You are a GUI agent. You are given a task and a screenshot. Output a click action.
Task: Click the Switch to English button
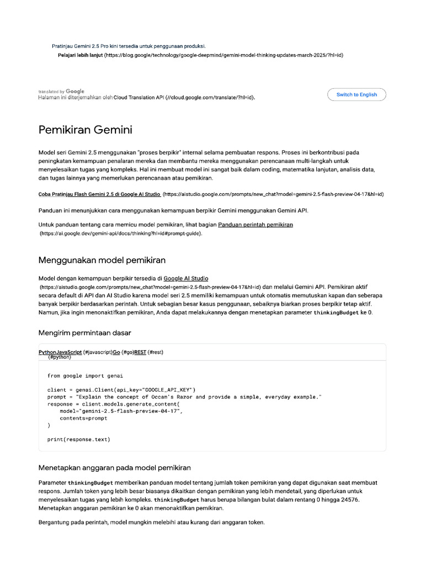pyautogui.click(x=357, y=94)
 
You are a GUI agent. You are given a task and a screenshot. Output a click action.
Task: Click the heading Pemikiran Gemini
pyautogui.click(x=85, y=130)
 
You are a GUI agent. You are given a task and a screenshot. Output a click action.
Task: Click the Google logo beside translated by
pyautogui.click(x=75, y=91)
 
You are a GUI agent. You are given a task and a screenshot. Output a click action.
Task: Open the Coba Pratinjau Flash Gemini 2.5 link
pyautogui.click(x=99, y=194)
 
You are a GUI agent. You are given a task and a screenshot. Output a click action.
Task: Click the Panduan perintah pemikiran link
pyautogui.click(x=256, y=225)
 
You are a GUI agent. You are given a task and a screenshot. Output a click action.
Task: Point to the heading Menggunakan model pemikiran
pyautogui.click(x=102, y=260)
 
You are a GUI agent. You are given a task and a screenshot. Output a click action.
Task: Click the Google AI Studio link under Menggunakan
pyautogui.click(x=186, y=279)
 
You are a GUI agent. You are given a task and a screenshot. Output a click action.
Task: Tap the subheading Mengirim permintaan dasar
pyautogui.click(x=84, y=333)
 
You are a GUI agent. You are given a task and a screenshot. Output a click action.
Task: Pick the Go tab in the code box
pyautogui.click(x=116, y=352)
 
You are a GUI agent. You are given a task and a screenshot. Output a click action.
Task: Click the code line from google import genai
pyautogui.click(x=85, y=376)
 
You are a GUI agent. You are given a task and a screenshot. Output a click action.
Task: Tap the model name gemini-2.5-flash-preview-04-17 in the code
pyautogui.click(x=130, y=411)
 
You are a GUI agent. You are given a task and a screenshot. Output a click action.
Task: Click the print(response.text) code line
pyautogui.click(x=79, y=439)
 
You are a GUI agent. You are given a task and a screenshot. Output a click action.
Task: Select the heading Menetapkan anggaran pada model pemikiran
pyautogui.click(x=114, y=467)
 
